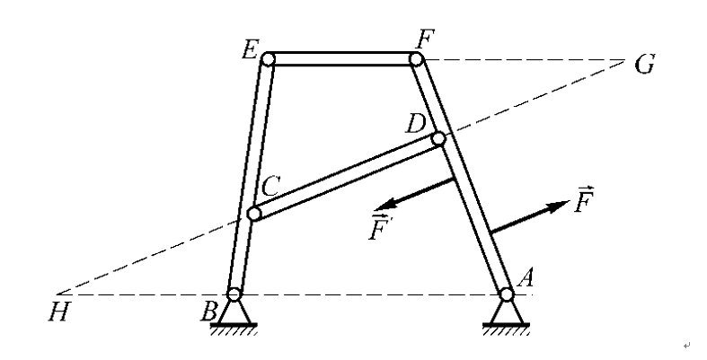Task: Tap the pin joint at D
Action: pyautogui.click(x=438, y=139)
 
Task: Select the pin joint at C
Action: pyautogui.click(x=253, y=215)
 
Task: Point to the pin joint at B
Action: pyautogui.click(x=234, y=294)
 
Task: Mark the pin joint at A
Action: pyautogui.click(x=507, y=294)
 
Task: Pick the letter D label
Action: pyautogui.click(x=415, y=123)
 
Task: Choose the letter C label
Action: pyautogui.click(x=272, y=186)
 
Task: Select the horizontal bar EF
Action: pyautogui.click(x=342, y=59)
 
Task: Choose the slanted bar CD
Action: pyautogui.click(x=346, y=177)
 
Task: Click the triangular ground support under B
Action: pyautogui.click(x=234, y=313)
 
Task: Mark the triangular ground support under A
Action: pyautogui.click(x=507, y=313)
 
